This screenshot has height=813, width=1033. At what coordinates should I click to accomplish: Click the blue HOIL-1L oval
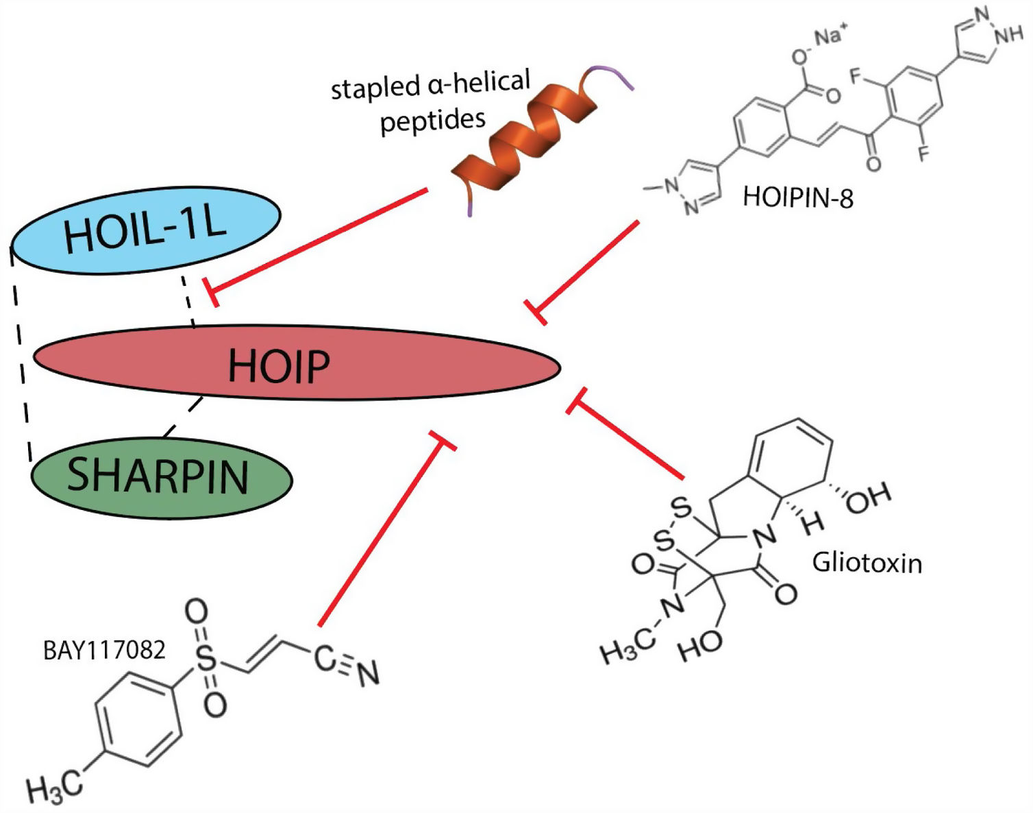145,230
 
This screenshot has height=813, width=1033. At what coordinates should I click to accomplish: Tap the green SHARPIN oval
161,477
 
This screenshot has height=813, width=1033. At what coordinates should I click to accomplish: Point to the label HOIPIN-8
798,198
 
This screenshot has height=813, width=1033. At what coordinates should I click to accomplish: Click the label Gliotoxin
867,563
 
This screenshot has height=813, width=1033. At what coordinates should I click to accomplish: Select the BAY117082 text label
104,650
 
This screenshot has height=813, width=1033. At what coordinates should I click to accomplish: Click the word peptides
432,121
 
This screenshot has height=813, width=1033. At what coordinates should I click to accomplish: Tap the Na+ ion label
830,36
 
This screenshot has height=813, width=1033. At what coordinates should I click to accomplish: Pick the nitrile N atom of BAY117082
368,674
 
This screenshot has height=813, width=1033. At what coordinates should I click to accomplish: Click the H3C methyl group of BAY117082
53,786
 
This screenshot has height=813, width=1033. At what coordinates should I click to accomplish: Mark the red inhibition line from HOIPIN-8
589,267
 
